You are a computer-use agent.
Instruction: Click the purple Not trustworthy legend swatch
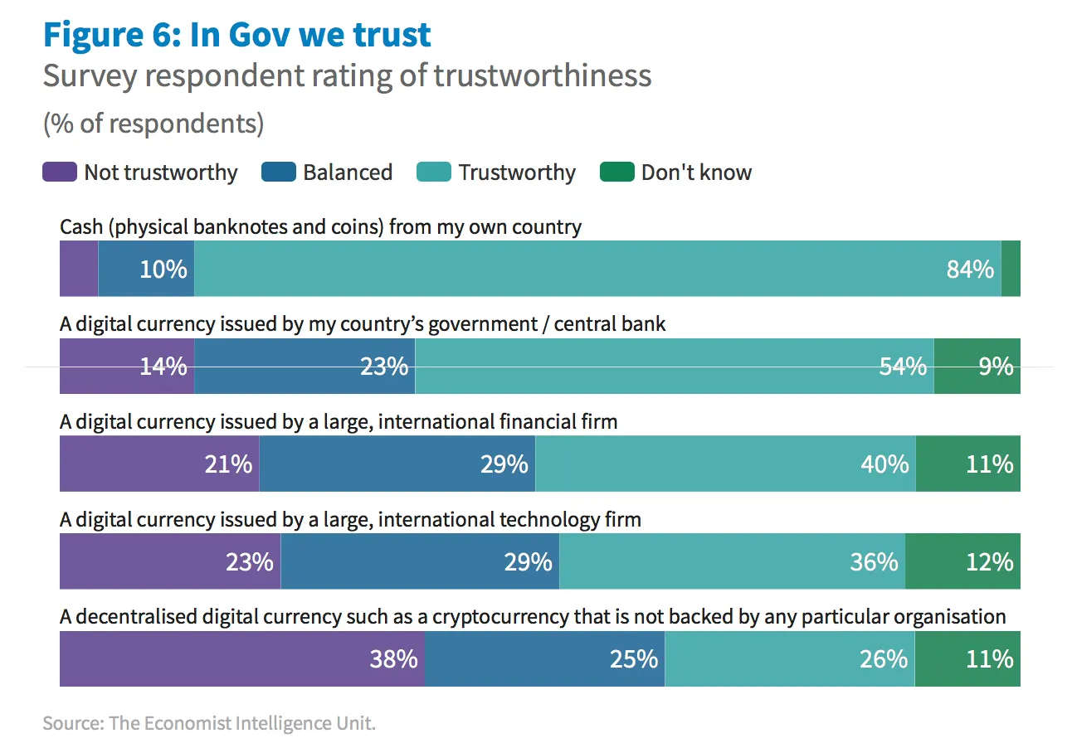pos(60,172)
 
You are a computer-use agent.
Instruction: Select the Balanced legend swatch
pos(279,172)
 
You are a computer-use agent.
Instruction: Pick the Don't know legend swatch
pos(617,172)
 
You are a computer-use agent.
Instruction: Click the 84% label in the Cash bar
pos(969,270)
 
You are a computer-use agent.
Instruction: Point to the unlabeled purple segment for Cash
pos(79,270)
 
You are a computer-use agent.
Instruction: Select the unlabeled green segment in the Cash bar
pos(1011,270)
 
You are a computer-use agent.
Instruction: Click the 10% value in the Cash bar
pos(163,270)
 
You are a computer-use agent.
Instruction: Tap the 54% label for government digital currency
pos(903,367)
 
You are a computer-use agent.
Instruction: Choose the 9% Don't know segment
pos(977,367)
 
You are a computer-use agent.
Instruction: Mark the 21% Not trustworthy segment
pos(159,464)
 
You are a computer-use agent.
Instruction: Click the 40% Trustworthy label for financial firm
pos(884,464)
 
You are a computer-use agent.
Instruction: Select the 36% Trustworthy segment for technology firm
pos(732,562)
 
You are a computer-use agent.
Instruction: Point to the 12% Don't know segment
pos(962,562)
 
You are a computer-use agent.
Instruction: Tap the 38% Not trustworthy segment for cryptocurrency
pos(241,659)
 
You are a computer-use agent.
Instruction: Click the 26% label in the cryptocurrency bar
pos(884,659)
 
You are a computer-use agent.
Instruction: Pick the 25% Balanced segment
pos(544,659)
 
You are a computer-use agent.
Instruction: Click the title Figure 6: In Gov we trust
pos(237,35)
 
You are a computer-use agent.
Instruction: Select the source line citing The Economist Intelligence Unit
pos(209,723)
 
